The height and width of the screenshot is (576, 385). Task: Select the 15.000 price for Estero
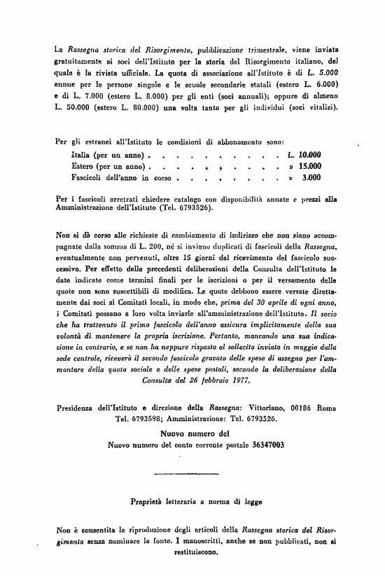pos(309,166)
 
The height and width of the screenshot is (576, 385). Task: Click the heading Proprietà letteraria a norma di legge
pos(192,501)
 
